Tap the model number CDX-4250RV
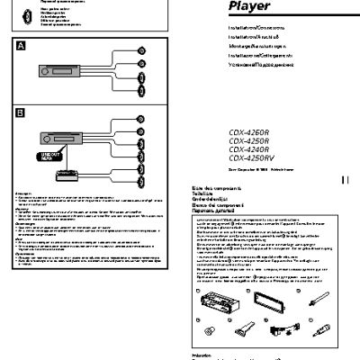tap(262, 157)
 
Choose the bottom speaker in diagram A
tap(140, 92)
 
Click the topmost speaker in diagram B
tap(140, 119)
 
